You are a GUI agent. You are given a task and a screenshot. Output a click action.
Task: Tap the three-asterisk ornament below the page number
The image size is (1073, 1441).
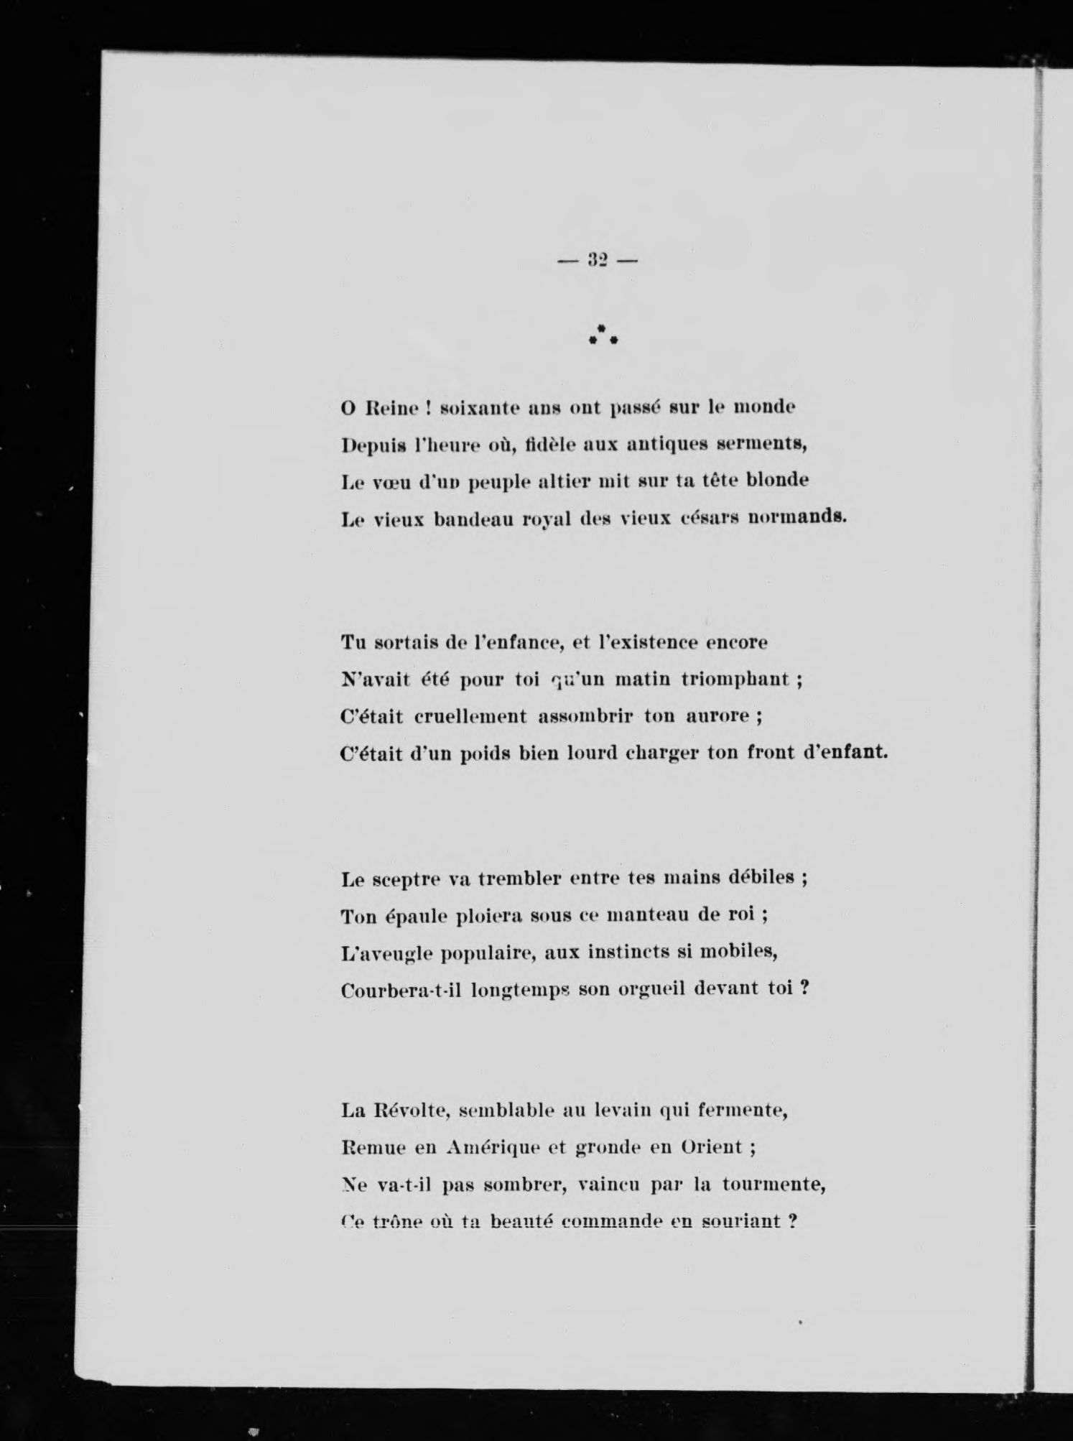click(603, 335)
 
